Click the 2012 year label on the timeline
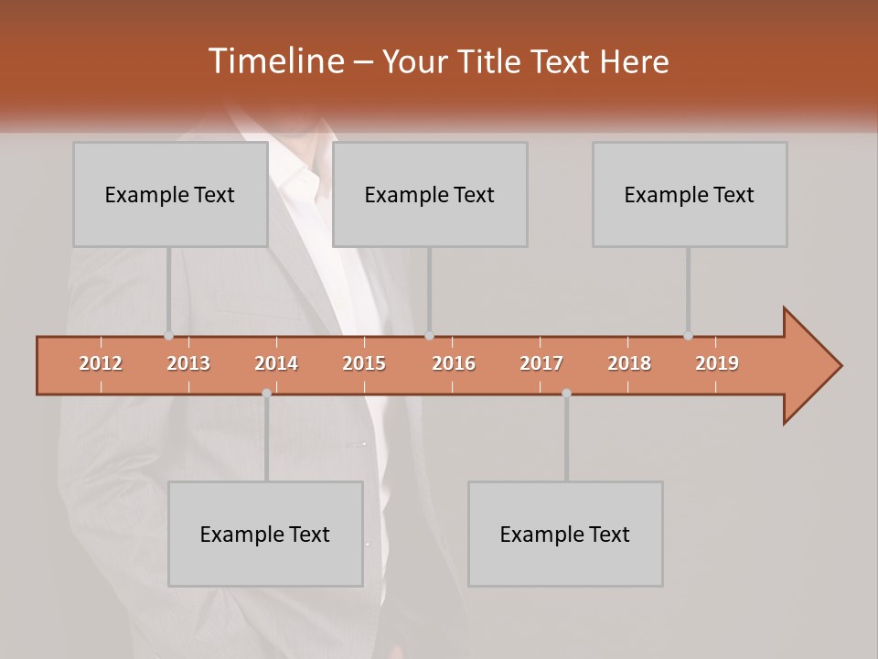coord(101,363)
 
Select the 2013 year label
coord(188,363)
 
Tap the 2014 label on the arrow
coord(276,363)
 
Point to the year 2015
coord(364,363)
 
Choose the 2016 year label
coord(454,363)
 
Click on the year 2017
coord(541,363)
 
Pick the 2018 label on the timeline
coord(629,363)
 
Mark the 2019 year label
coord(717,363)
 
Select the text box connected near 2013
coord(170,194)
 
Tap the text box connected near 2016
coord(430,194)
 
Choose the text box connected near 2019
coord(690,194)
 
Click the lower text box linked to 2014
coord(265,534)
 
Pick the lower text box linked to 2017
coord(565,534)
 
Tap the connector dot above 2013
coord(169,335)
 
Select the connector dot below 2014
coord(266,393)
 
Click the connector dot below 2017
coord(566,393)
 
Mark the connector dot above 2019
coord(689,335)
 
